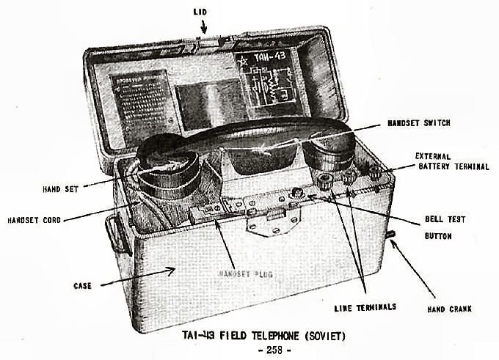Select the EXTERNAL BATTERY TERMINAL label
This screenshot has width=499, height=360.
(x=451, y=161)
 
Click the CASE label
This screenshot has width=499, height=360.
(x=81, y=286)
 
